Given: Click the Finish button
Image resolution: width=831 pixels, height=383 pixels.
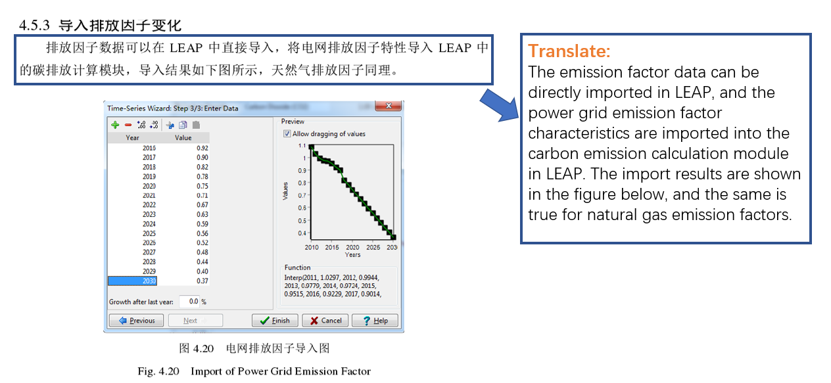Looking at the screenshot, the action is [275, 321].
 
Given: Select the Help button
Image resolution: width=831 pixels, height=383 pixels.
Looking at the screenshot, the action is [375, 321].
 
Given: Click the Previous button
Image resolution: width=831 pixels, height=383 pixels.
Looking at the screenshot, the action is [136, 321].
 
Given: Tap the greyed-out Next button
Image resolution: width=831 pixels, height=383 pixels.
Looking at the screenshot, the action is [195, 321].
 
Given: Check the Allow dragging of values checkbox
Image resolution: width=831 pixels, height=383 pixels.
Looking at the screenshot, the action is [287, 133].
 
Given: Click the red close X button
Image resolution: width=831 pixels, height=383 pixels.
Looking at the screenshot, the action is [388, 106].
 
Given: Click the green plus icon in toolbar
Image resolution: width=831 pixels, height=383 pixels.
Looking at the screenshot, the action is [115, 125].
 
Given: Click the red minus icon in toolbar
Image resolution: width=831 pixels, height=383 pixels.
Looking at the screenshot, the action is [128, 125].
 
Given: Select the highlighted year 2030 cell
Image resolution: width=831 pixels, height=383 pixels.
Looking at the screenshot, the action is [132, 281].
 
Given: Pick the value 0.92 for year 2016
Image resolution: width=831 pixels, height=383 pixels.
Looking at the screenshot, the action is [202, 148].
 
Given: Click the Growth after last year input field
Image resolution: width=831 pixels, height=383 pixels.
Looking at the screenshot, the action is [189, 301].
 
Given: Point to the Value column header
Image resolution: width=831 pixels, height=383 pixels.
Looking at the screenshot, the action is [183, 137].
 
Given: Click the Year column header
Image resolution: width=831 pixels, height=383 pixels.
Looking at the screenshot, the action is [132, 137].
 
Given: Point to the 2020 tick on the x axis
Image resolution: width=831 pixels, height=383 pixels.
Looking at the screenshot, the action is [352, 247].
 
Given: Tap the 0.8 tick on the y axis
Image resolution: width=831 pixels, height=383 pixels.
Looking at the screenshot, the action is [302, 183].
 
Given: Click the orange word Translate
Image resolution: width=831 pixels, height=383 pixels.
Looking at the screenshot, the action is [569, 51].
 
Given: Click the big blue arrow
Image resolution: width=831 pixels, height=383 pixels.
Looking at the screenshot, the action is [500, 105].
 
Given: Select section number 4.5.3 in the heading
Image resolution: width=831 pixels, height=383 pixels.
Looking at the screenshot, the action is [34, 25].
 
